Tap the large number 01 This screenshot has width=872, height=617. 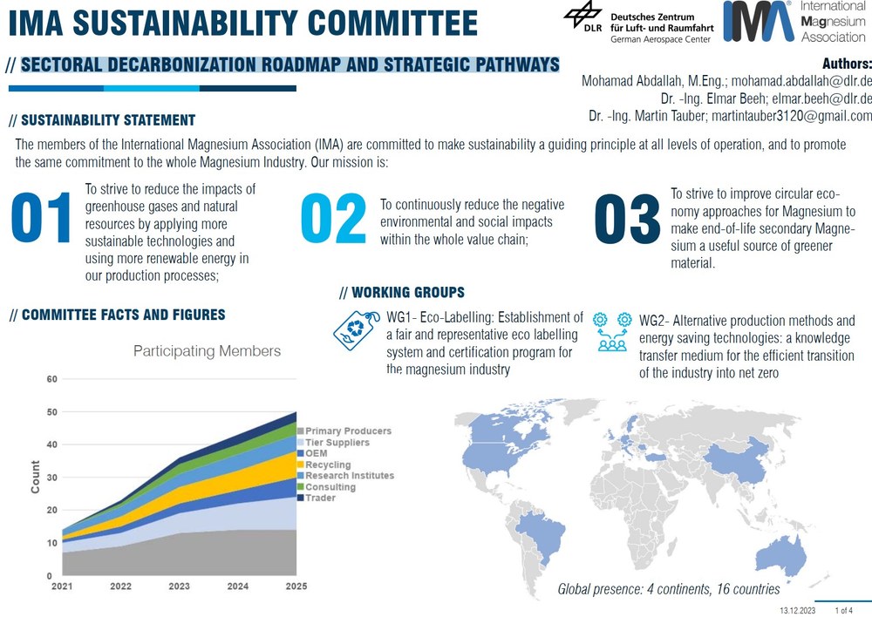40,220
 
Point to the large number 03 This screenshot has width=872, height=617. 627,220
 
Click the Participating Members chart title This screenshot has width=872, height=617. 207,351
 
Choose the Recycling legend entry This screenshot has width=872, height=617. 328,465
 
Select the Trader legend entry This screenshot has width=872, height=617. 321,498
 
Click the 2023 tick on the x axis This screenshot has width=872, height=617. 178,586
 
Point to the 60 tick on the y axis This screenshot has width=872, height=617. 51,379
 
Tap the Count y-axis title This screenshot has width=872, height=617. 36,478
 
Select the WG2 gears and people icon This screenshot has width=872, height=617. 611,331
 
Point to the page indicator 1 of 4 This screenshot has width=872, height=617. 845,610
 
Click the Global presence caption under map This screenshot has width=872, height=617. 669,589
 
